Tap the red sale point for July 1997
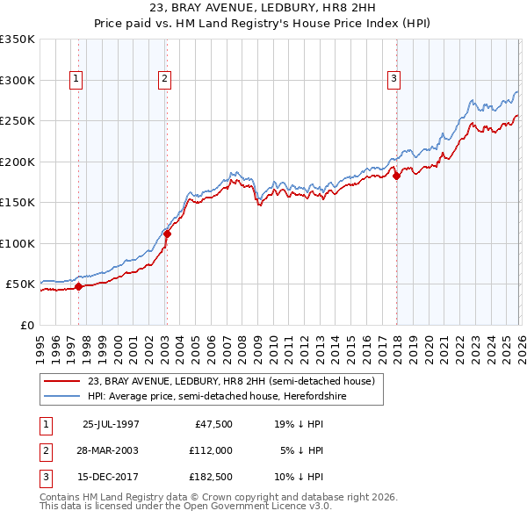pyautogui.click(x=79, y=285)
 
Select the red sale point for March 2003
pyautogui.click(x=167, y=234)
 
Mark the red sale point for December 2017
pyautogui.click(x=396, y=176)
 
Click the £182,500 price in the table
pyautogui.click(x=211, y=478)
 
